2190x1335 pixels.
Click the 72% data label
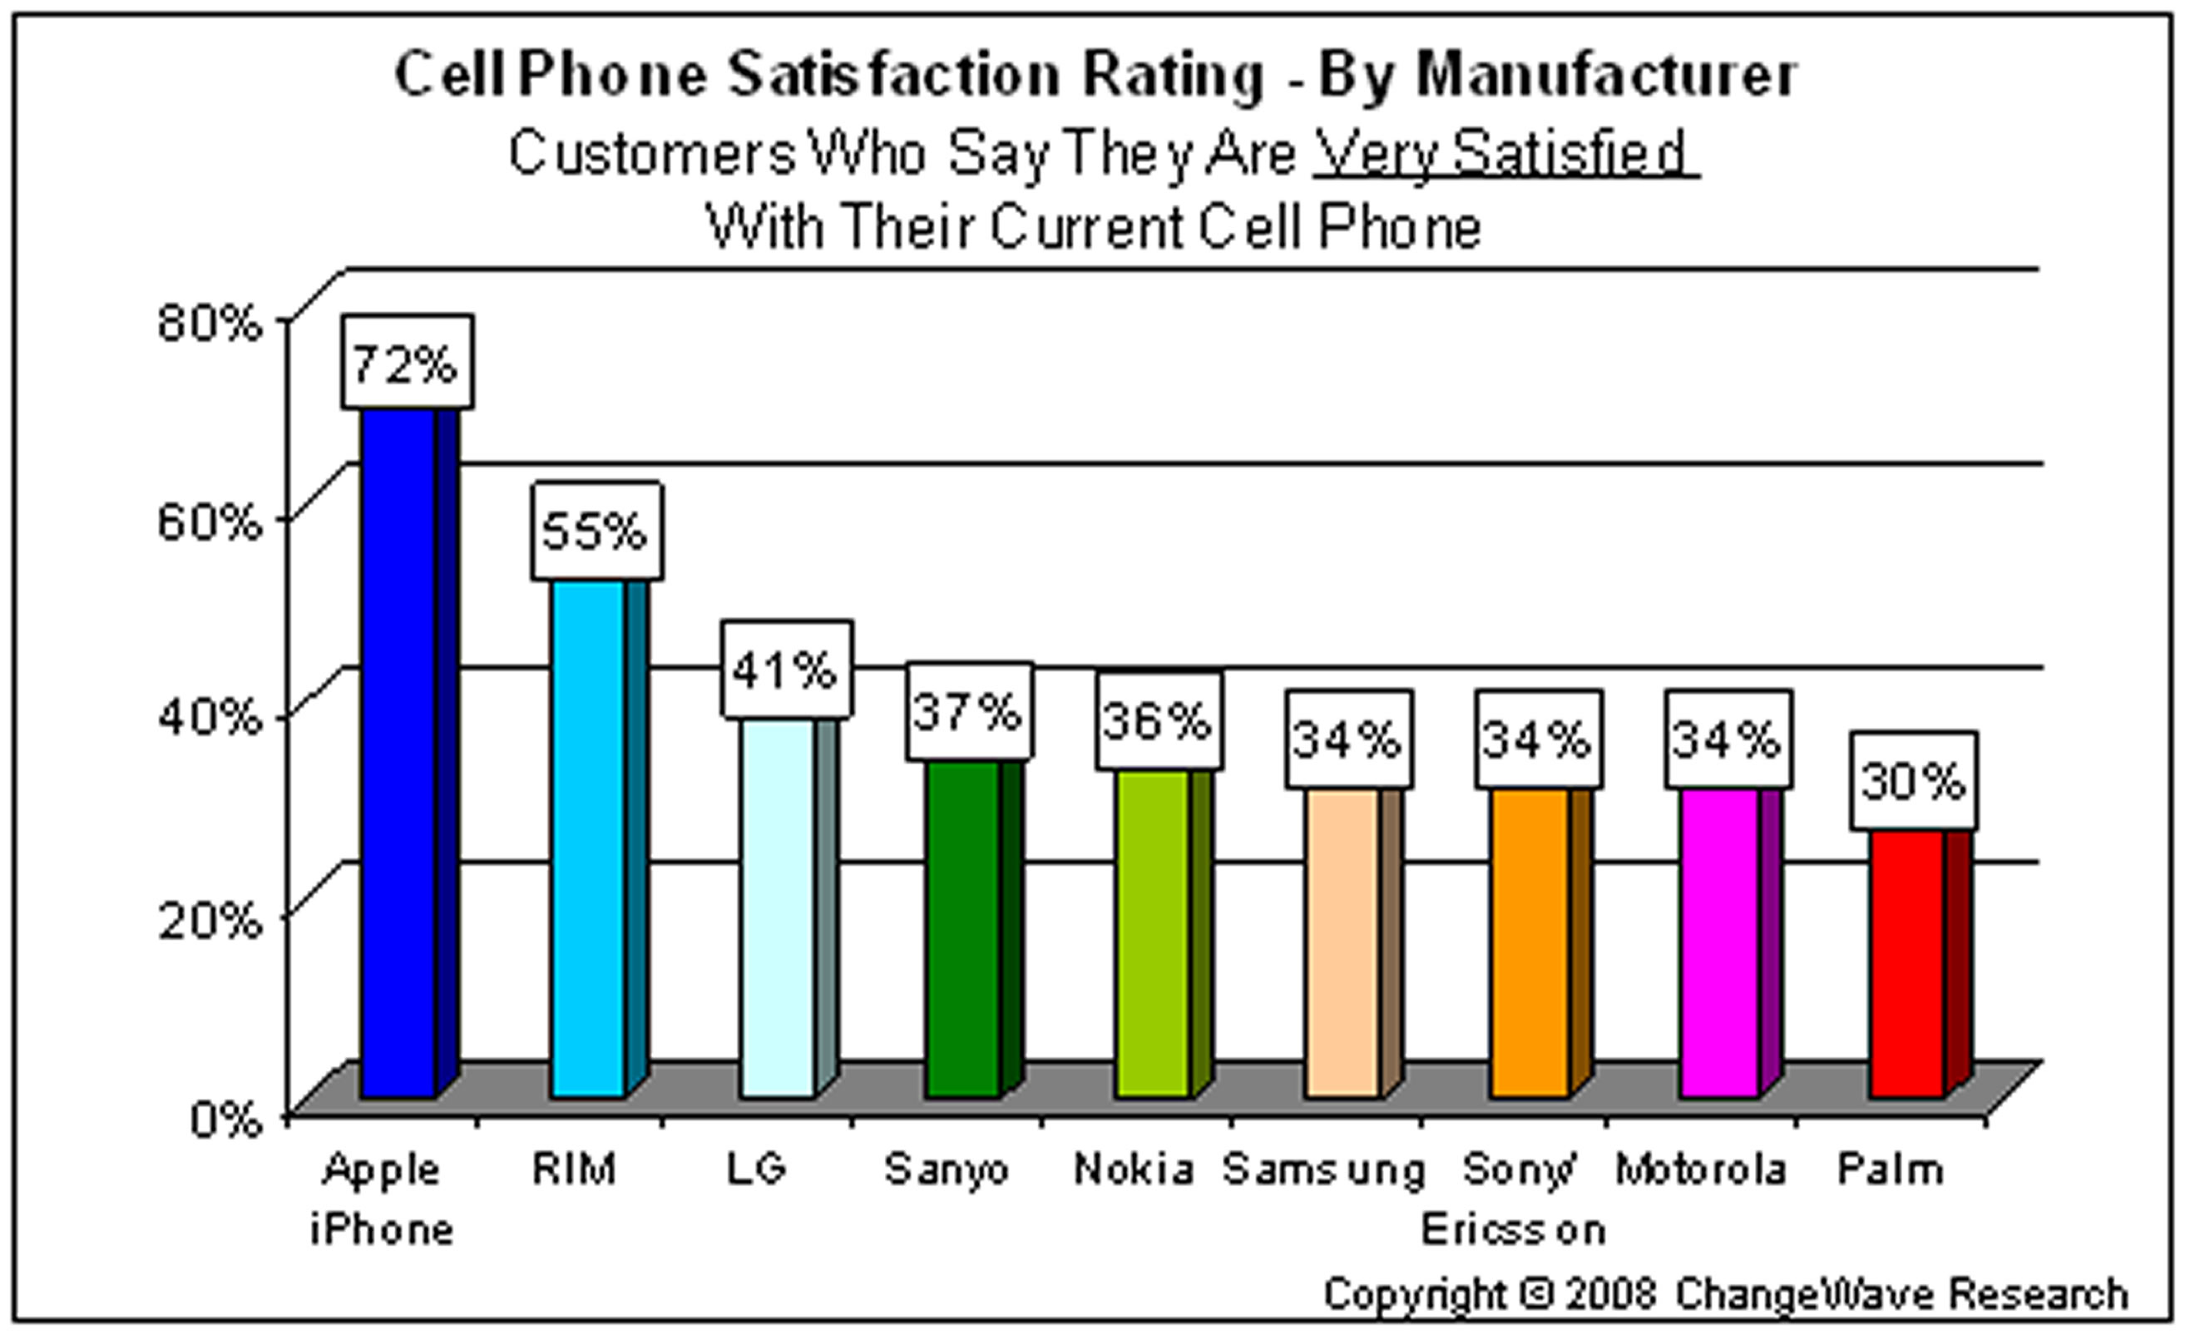406,363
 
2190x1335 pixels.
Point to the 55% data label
596,532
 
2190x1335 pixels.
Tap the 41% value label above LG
786,670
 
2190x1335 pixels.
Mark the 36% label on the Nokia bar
1157,720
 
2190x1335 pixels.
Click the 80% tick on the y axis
210,322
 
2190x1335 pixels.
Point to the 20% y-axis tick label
210,920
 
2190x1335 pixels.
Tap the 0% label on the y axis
225,1118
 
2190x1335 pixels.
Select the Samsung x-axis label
1323,1169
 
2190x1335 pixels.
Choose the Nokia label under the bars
1133,1169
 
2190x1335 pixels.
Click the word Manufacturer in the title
1605,75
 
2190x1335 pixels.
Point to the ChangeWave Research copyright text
1724,1293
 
